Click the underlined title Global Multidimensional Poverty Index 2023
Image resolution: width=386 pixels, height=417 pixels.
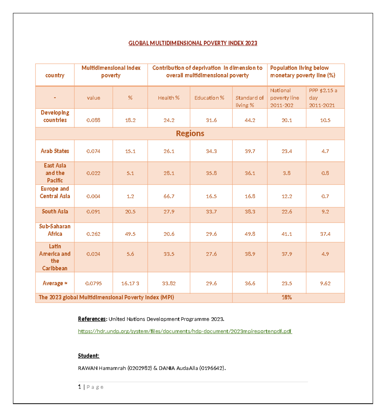(193, 43)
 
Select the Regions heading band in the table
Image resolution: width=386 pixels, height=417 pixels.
(190, 134)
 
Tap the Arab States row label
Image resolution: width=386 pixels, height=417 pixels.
(55, 151)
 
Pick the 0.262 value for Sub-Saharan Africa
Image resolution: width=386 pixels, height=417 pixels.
(93, 234)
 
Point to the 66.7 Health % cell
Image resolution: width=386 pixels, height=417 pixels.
(169, 196)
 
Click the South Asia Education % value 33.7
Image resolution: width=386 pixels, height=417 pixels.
(211, 212)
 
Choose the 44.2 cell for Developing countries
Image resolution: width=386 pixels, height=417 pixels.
(250, 120)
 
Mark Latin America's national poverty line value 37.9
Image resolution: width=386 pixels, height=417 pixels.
(287, 254)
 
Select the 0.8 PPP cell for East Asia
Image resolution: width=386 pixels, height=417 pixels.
(325, 173)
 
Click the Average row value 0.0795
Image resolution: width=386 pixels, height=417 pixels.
(93, 283)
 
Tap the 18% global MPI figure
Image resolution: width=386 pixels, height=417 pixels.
(287, 298)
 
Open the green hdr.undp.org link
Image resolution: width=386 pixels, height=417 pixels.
(185, 331)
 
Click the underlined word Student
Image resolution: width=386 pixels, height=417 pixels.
(88, 356)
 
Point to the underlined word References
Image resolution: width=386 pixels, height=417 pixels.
(92, 319)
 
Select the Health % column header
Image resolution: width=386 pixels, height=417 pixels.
(169, 98)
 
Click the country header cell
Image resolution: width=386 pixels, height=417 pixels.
(55, 75)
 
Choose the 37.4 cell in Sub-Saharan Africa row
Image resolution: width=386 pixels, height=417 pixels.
(325, 234)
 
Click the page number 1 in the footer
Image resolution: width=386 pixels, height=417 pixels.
(79, 387)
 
